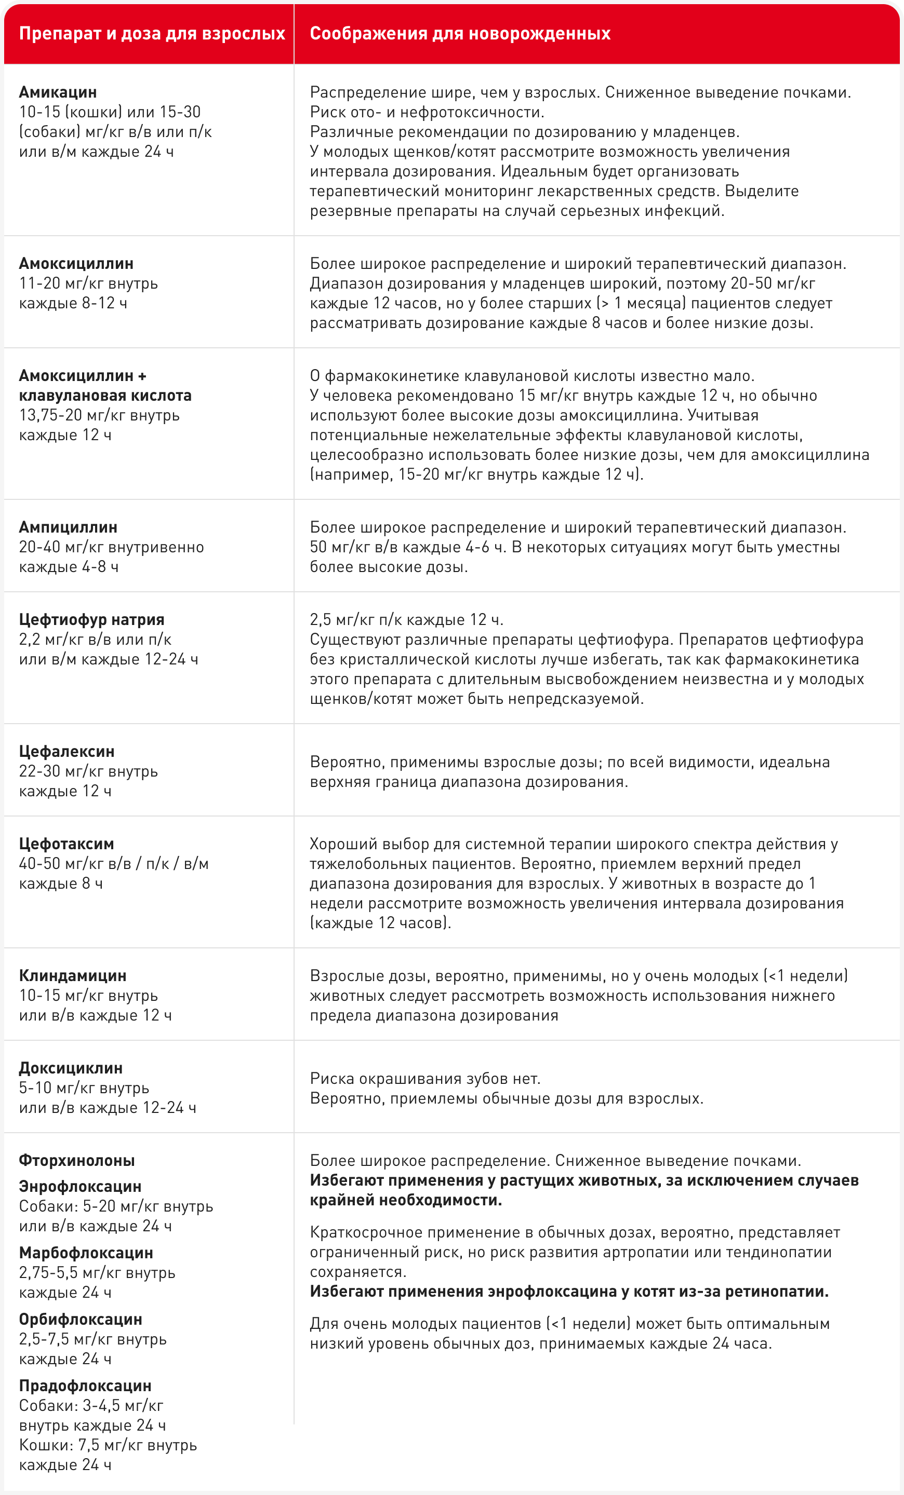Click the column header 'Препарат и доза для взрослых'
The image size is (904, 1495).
(x=152, y=33)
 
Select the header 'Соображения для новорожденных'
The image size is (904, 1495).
(x=460, y=33)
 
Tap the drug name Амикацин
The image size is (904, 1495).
(x=58, y=92)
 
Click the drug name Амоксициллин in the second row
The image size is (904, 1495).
(x=76, y=263)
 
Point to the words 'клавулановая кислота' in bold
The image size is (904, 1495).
(x=105, y=396)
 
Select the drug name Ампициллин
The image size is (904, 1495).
(x=68, y=527)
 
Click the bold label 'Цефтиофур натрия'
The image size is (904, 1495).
(x=91, y=619)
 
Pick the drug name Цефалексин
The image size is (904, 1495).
(x=67, y=751)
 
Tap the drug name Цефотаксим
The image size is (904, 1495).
(x=67, y=844)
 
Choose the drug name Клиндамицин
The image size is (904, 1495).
(x=73, y=975)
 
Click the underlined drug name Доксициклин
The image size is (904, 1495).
(x=71, y=1068)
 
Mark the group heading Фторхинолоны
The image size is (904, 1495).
(x=77, y=1160)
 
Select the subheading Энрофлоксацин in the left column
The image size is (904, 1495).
(x=80, y=1186)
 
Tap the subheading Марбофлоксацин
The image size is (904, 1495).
(x=86, y=1253)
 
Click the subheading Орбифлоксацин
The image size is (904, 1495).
(x=80, y=1319)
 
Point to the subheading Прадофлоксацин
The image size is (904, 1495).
(x=85, y=1386)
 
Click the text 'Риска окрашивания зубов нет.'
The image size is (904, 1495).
(x=425, y=1078)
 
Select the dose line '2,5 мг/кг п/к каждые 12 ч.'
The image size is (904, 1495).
(x=406, y=619)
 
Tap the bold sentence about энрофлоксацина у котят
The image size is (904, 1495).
(x=569, y=1291)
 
